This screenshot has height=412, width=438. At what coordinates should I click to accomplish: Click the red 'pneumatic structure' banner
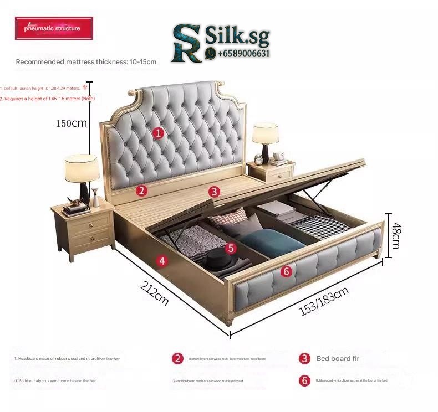(53, 28)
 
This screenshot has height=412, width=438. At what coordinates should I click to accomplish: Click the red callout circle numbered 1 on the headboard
(158, 132)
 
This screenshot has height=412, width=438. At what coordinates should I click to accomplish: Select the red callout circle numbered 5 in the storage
(231, 249)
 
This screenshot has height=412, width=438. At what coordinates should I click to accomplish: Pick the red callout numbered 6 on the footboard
(286, 271)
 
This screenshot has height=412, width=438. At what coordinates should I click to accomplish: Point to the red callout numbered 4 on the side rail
(161, 261)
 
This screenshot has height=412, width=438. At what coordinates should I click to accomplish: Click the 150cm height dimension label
(71, 123)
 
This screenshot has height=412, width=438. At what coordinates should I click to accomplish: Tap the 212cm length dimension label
(155, 293)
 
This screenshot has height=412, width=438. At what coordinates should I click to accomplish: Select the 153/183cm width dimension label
(324, 302)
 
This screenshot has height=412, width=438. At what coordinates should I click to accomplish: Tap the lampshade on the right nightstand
(265, 133)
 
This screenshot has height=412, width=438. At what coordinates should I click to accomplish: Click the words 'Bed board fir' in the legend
(338, 358)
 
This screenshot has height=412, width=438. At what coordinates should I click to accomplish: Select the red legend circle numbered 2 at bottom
(177, 358)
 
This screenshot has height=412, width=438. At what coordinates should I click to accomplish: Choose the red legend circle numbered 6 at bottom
(304, 380)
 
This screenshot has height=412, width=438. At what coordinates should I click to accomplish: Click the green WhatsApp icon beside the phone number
(211, 54)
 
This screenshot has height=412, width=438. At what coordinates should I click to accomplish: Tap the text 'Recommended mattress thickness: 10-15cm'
(86, 62)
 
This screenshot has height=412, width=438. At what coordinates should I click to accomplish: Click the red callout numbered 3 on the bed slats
(215, 192)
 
